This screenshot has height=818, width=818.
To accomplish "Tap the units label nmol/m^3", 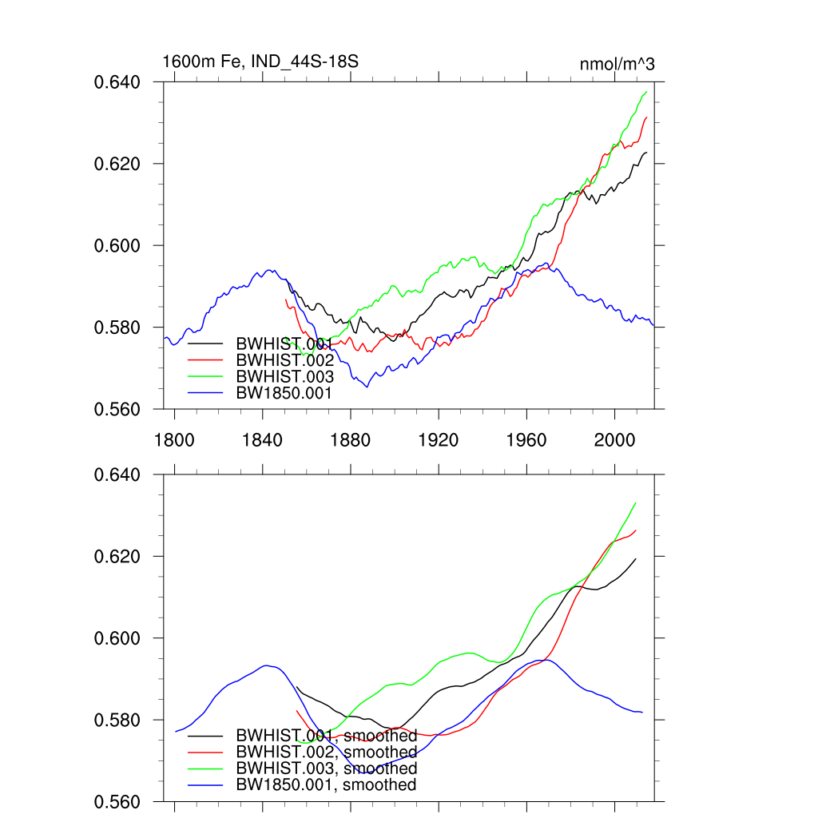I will click(617, 64).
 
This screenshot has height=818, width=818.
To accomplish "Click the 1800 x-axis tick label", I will click(174, 439).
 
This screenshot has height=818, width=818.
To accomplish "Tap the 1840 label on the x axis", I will click(263, 439).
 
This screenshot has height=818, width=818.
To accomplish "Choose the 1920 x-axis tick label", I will click(439, 439).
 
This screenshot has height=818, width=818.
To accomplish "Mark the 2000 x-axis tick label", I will click(615, 439).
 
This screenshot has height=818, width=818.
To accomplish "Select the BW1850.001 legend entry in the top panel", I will click(284, 393).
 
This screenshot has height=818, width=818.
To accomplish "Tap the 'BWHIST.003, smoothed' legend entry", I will click(326, 768).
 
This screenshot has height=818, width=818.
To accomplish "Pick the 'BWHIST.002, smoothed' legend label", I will click(326, 752).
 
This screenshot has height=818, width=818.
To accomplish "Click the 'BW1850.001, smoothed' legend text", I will click(326, 785).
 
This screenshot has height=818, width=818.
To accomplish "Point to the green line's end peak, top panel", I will click(645, 92).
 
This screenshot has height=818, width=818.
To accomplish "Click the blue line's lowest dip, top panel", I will click(367, 387).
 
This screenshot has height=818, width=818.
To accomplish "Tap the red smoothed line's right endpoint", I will click(636, 530).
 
